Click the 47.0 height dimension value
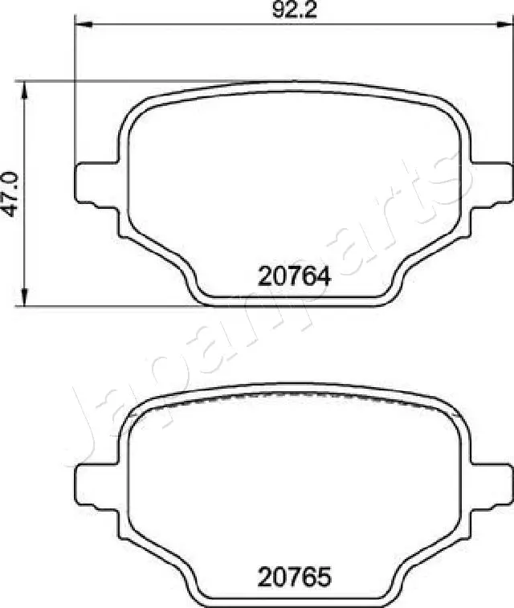pos(10,194)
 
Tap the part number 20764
pos(294,276)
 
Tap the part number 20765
pos(294,576)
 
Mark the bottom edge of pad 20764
pos(294,304)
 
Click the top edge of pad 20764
pos(294,84)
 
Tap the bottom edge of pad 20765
pos(294,603)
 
